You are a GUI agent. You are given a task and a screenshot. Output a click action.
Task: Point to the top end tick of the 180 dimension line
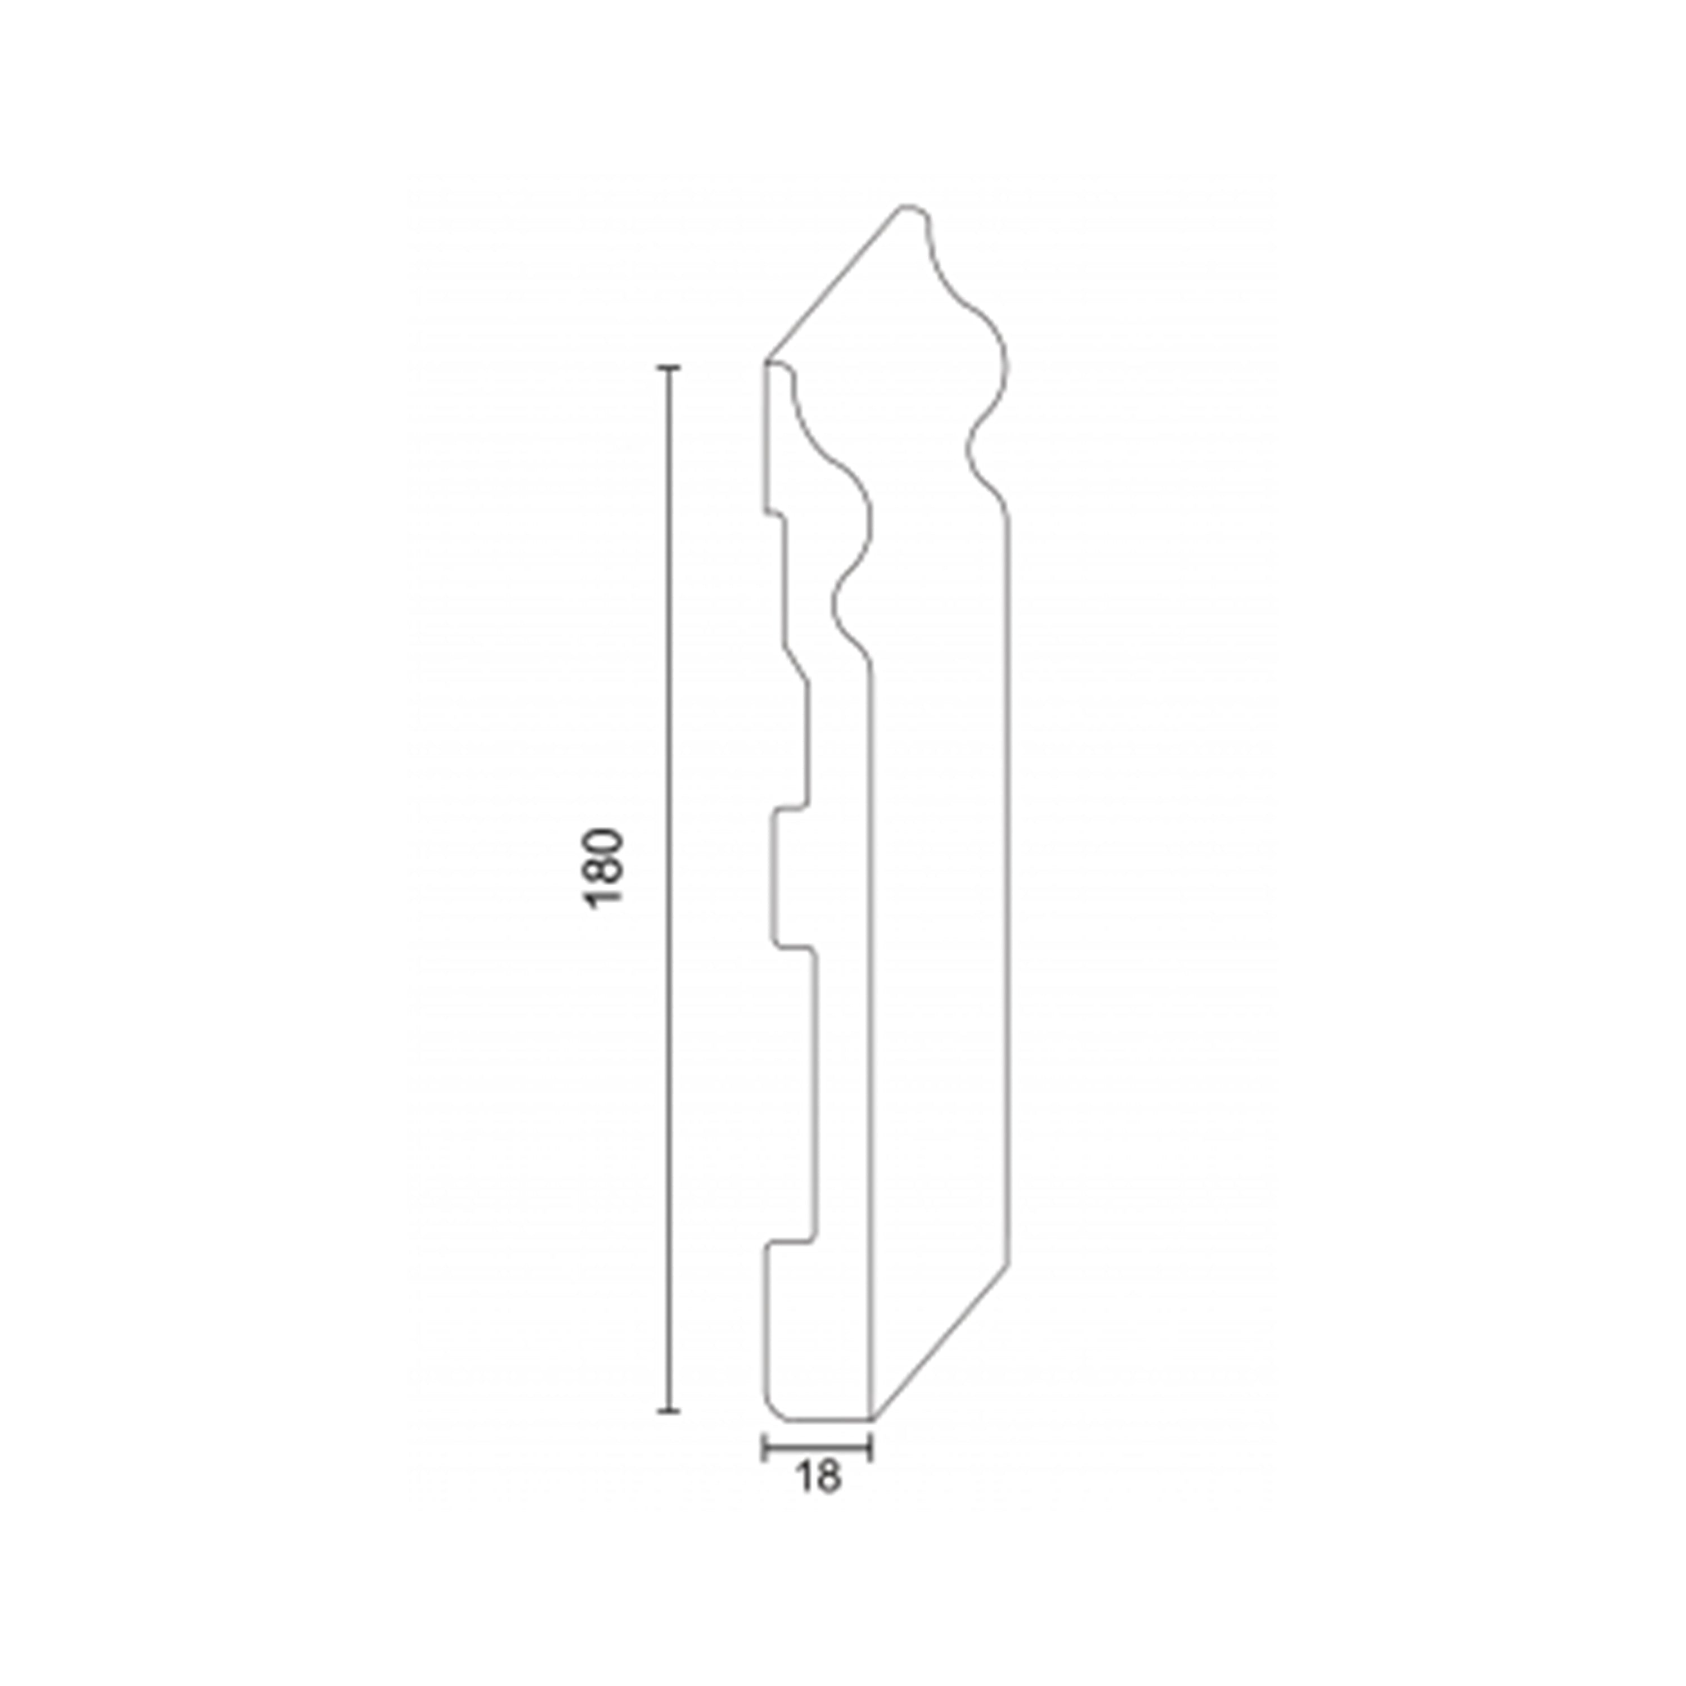click(x=668, y=369)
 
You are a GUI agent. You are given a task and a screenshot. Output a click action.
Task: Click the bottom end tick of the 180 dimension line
click(x=668, y=1434)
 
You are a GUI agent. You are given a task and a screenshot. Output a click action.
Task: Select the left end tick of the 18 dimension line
click(x=764, y=1449)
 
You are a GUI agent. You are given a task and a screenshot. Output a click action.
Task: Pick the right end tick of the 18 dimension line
click(x=872, y=1449)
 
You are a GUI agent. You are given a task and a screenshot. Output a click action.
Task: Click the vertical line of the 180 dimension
click(x=668, y=901)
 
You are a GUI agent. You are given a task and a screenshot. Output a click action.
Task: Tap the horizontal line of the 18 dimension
click(x=818, y=1449)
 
